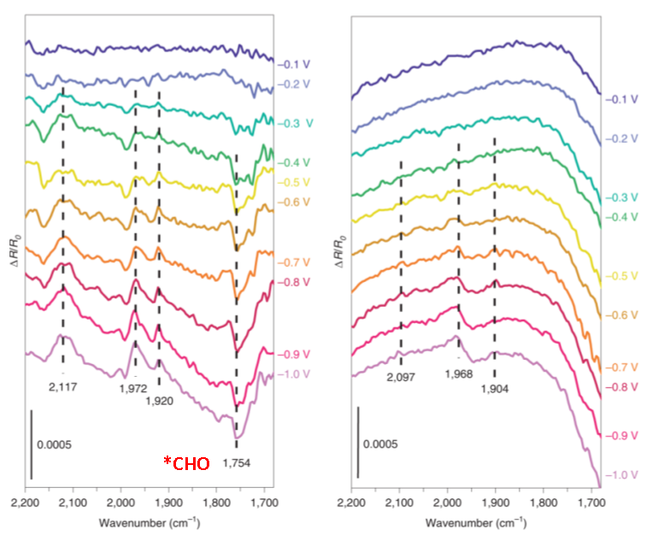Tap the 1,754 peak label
point(236,462)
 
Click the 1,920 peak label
point(159,399)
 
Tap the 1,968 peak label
point(460,373)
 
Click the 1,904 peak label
point(496,388)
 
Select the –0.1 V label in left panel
point(296,63)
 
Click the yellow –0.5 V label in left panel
point(296,182)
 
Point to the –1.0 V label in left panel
point(296,373)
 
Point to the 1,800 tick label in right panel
point(543,503)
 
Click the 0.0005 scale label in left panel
point(53,444)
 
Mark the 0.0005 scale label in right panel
point(379,444)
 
